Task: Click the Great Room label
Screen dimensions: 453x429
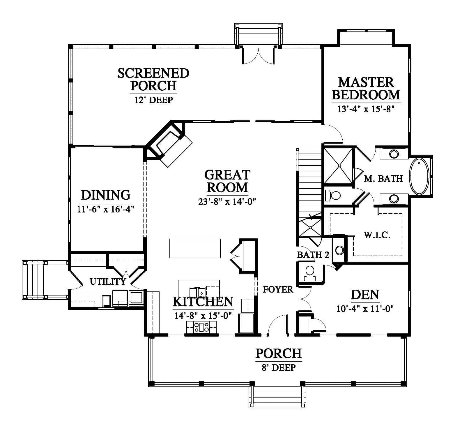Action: point(227,181)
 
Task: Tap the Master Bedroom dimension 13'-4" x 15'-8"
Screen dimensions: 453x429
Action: point(366,109)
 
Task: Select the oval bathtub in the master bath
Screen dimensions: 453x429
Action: point(420,176)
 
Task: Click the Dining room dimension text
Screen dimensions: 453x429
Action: point(105,209)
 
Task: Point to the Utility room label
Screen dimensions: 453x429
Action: point(108,281)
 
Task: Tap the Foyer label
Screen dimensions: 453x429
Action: point(278,289)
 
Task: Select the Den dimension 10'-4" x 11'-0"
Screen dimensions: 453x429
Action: point(365,309)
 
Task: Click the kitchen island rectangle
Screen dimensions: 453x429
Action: point(195,248)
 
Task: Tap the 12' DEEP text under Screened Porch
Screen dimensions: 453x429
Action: point(153,100)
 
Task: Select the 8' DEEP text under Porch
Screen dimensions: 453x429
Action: point(278,368)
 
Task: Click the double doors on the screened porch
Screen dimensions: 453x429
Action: point(258,55)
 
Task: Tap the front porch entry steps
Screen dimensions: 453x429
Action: point(277,397)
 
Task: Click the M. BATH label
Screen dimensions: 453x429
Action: point(383,178)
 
